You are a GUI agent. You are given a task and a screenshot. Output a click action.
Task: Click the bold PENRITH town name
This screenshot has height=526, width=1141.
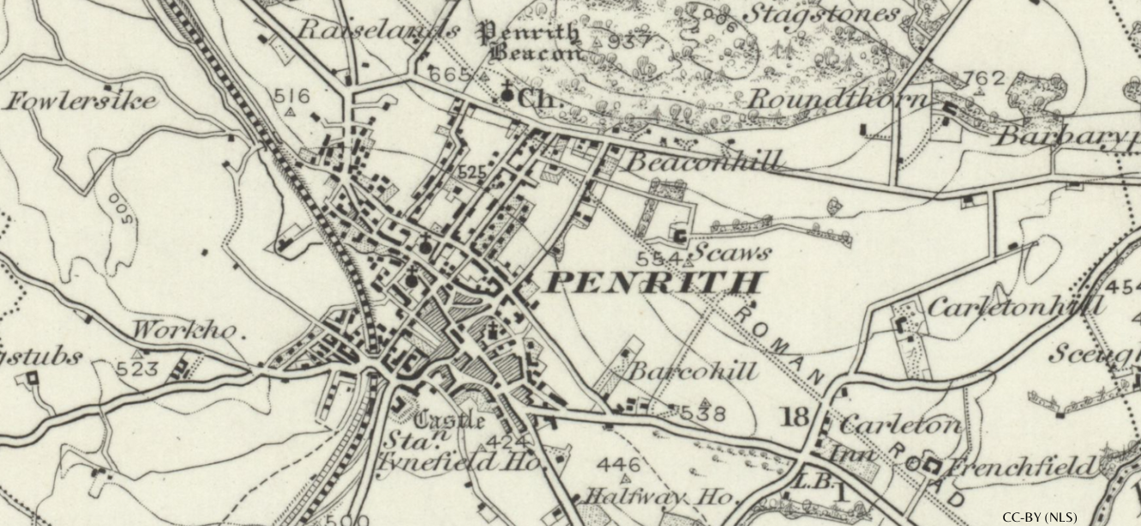click(653, 283)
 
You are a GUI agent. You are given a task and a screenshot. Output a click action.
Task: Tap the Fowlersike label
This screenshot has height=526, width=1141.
click(83, 101)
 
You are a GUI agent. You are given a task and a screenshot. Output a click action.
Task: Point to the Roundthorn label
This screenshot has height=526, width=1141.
click(838, 99)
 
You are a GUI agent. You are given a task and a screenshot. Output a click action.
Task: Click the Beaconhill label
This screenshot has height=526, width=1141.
click(706, 161)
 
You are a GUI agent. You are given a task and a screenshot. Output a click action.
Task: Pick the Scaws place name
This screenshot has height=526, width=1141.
click(731, 253)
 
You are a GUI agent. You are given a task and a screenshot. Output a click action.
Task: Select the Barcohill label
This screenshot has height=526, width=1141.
click(694, 371)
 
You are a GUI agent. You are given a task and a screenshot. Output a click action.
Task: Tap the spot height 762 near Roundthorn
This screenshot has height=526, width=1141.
click(983, 79)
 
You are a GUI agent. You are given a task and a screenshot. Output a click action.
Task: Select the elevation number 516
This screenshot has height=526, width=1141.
click(291, 95)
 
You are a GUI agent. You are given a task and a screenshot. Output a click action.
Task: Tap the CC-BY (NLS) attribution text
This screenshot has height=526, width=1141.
click(1039, 517)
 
